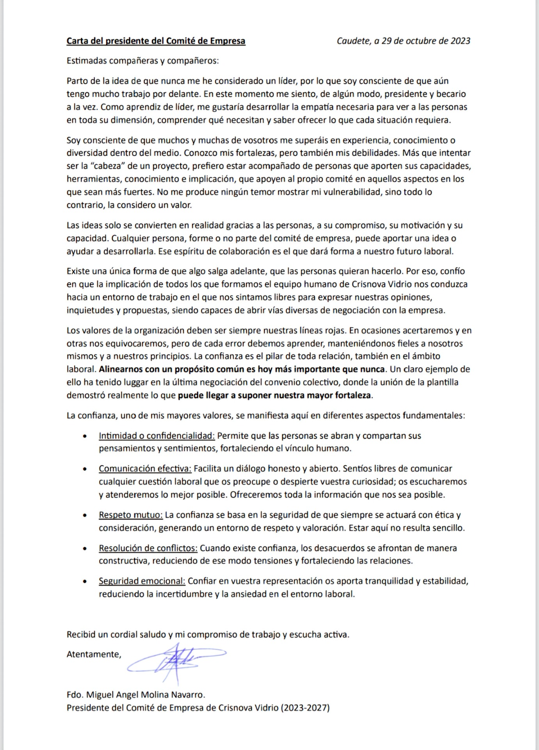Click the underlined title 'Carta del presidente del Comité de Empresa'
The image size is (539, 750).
156,41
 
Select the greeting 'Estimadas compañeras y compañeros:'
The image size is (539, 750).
143,61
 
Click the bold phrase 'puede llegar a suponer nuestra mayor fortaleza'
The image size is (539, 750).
274,395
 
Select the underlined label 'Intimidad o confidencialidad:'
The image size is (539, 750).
157,436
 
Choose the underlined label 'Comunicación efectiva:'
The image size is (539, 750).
145,468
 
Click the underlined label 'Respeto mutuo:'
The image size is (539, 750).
130,515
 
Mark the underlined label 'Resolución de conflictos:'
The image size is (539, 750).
148,548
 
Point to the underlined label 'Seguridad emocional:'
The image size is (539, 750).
142,581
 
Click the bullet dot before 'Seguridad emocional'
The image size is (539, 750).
85,581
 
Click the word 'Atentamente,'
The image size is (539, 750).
94,654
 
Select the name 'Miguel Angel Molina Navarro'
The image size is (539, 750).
145,695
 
